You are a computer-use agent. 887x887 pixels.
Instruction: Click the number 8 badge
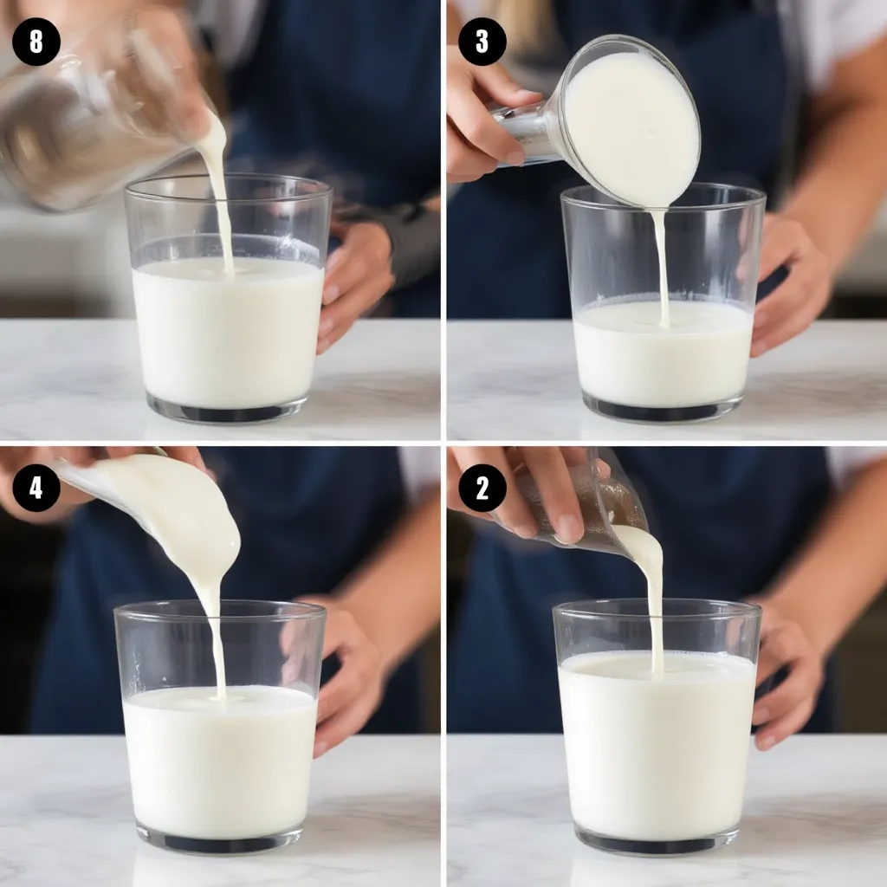click(x=36, y=42)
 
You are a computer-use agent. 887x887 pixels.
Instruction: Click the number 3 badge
click(x=482, y=42)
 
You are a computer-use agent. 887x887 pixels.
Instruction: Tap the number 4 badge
click(x=36, y=488)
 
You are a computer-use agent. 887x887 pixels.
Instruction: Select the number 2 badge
click(x=482, y=488)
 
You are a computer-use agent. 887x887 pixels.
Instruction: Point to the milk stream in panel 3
click(x=662, y=266)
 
